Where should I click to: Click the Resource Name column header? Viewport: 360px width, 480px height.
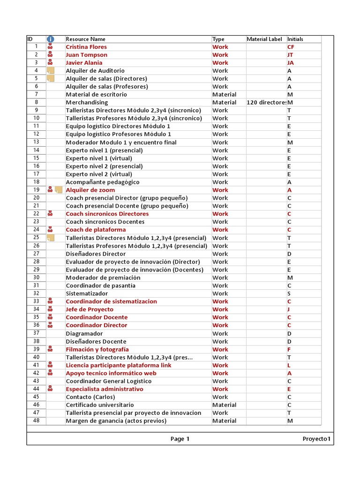pos(86,39)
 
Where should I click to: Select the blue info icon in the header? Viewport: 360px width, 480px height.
pos(50,39)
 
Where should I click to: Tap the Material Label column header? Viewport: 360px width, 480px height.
pos(264,39)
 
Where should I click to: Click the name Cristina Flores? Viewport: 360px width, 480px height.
pos(86,47)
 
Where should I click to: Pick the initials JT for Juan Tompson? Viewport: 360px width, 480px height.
pos(291,55)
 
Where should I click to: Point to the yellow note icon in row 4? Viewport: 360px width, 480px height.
pos(51,71)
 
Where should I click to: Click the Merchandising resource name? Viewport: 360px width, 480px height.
pos(87,102)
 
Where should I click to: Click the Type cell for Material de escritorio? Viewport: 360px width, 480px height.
pos(224,95)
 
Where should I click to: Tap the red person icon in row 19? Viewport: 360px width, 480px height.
pos(50,190)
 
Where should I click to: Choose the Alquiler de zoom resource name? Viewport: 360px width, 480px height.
pos(90,190)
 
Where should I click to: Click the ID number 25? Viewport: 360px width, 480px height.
pos(36,238)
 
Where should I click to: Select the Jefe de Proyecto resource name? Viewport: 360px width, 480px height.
pos(90,309)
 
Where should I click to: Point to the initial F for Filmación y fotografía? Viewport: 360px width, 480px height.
pos(289,350)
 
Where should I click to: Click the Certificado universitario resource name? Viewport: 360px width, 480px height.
pos(100,405)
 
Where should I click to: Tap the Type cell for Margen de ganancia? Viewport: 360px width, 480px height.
pos(224,421)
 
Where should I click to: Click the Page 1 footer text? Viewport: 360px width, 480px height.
pos(180,439)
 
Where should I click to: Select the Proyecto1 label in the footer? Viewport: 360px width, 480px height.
pos(316,439)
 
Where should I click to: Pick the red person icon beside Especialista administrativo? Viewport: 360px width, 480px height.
pos(50,389)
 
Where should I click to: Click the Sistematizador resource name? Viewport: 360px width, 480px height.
pos(87,293)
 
